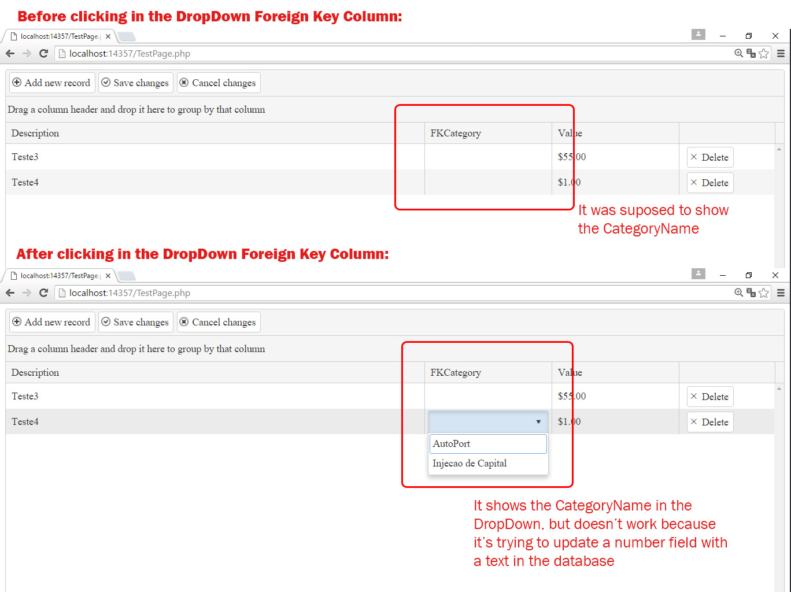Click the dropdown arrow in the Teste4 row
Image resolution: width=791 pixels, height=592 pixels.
pos(538,421)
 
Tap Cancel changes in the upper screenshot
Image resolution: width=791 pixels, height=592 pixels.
pos(219,83)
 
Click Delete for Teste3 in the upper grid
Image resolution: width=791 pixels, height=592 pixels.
pos(710,157)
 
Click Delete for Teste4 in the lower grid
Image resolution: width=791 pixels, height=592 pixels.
pos(710,422)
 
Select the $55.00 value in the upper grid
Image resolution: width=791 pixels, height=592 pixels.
pos(572,157)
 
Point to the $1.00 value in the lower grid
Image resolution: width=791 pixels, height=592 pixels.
pos(570,421)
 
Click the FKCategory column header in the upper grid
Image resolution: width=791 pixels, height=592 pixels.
pos(456,134)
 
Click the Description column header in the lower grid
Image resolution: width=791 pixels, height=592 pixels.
pos(35,372)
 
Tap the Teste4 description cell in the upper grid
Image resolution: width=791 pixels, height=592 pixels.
pos(25,182)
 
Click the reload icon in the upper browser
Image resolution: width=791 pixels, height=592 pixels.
pos(43,54)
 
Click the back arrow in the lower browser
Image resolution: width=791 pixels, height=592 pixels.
pos(10,293)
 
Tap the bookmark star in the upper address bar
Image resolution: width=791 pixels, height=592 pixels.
pos(763,54)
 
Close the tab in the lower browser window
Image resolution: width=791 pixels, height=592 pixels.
pos(108,276)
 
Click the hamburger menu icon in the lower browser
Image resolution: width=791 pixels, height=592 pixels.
pos(781,293)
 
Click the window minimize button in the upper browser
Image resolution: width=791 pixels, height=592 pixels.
pos(723,36)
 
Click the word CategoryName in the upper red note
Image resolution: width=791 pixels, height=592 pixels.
pos(651,229)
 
